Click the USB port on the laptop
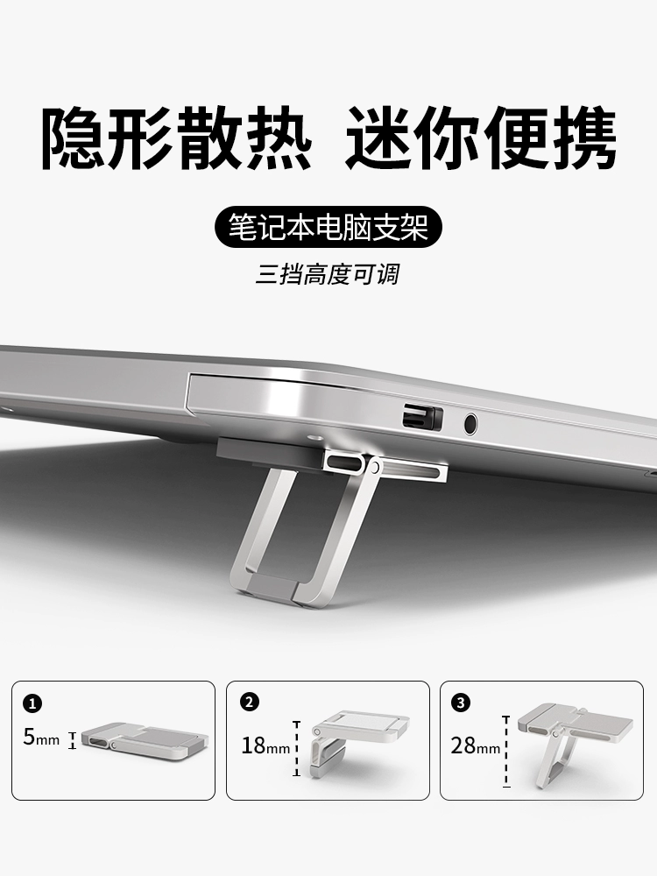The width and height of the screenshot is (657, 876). point(422,417)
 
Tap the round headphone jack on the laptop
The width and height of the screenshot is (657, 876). point(471,424)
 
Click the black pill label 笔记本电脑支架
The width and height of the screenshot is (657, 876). point(328,228)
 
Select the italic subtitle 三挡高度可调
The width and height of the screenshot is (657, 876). point(328,275)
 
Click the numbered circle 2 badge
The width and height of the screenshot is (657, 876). point(249,702)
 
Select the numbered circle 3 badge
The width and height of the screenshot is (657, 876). point(461,703)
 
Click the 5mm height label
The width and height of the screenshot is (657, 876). point(41,738)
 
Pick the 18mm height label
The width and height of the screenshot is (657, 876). point(265,745)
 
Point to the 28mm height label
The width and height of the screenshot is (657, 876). point(476,745)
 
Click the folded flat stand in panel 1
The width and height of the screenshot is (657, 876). point(147,739)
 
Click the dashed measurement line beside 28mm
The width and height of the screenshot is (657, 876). point(506,752)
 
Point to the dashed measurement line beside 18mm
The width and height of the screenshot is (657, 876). point(297,749)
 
